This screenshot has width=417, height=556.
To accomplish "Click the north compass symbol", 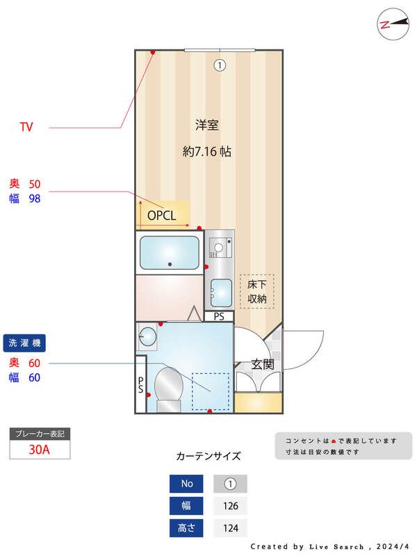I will (x=392, y=24).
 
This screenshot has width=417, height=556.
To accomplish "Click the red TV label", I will (x=26, y=127).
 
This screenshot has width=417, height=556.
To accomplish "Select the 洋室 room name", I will (x=206, y=126).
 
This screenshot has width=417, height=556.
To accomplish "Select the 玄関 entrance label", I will (x=263, y=363).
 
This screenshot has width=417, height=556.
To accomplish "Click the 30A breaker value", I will (x=40, y=449).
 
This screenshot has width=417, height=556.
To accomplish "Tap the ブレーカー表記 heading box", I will (x=40, y=434).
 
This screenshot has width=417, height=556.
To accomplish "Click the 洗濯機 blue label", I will (x=25, y=343).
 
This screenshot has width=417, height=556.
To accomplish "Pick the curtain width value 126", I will (x=230, y=506).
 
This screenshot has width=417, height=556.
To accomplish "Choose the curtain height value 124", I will (x=230, y=528).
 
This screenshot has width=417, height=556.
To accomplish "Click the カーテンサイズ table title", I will (x=208, y=457).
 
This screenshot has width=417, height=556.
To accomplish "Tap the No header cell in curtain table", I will (x=187, y=484).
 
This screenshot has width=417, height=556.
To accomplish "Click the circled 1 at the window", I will (x=220, y=65).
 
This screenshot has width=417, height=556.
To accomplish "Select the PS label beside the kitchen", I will (x=219, y=317).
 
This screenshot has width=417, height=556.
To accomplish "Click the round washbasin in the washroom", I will (x=147, y=337).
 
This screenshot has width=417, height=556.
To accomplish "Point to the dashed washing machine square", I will (x=210, y=391).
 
